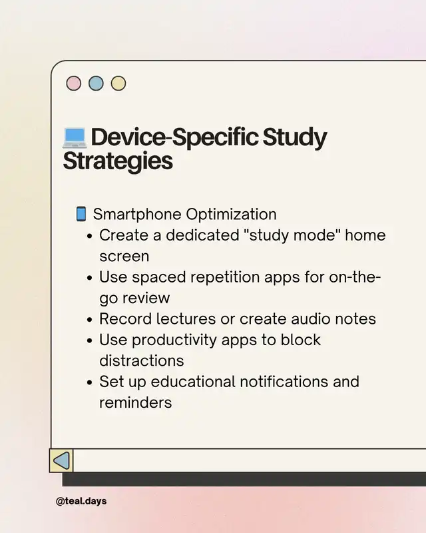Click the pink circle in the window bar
tap(74, 83)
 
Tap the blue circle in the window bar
tap(96, 83)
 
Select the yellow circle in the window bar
tap(118, 83)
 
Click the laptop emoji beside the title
tap(75, 138)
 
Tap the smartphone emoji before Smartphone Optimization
tap(81, 214)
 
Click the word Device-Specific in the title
tap(174, 137)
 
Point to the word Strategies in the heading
tap(118, 161)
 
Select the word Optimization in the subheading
tap(231, 215)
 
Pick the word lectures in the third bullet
tap(186, 319)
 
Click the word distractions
tap(142, 360)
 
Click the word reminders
tap(136, 403)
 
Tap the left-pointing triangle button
tap(61, 460)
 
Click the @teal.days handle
tap(81, 501)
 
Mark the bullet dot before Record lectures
tap(90, 320)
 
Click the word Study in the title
tap(294, 137)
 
